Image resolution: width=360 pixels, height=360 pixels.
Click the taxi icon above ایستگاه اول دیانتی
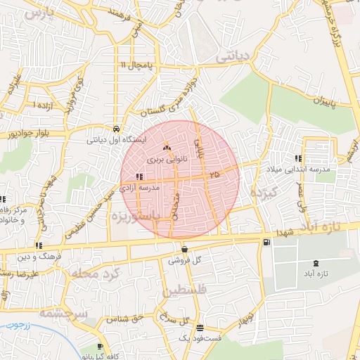(115, 129)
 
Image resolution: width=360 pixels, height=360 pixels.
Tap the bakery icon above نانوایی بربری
(167, 148)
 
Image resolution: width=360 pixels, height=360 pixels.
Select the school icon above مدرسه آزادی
(138, 177)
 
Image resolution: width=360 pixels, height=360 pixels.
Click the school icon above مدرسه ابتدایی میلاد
(298, 158)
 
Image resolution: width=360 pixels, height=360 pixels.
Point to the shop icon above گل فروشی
(184, 249)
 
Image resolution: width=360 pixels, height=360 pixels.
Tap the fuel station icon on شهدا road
(265, 243)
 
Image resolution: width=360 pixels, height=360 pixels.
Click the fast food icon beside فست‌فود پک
(200, 328)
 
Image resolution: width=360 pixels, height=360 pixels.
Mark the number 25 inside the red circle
(214, 173)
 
